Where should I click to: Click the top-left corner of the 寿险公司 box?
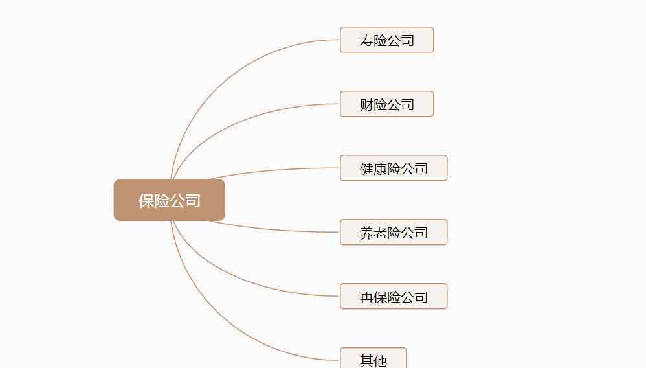pyautogui.click(x=340, y=27)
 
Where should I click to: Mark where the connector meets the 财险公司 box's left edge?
pyautogui.click(x=340, y=104)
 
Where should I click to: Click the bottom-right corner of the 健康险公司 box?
pyautogui.click(x=447, y=180)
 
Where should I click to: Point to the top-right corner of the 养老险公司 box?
pyautogui.click(x=447, y=220)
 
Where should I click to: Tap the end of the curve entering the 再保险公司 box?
pyautogui.click(x=340, y=296)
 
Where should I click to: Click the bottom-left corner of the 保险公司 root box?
pyautogui.click(x=114, y=220)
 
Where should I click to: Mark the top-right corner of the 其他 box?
pyautogui.click(x=407, y=348)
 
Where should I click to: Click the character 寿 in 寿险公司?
pyautogui.click(x=366, y=40)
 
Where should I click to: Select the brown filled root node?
pyautogui.click(x=170, y=200)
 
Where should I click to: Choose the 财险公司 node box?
pyautogui.click(x=387, y=104)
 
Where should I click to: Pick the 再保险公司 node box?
pyautogui.click(x=394, y=296)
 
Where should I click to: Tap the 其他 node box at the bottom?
pyautogui.click(x=373, y=358)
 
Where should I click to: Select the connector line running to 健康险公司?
pyautogui.click(x=274, y=170)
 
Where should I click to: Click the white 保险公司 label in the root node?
pyautogui.click(x=170, y=201)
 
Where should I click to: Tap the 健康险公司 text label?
pyautogui.click(x=394, y=168)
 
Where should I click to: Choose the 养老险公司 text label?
pyautogui.click(x=394, y=233)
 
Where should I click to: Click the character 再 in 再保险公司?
pyautogui.click(x=366, y=297)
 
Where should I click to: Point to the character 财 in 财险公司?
pyautogui.click(x=366, y=105)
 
